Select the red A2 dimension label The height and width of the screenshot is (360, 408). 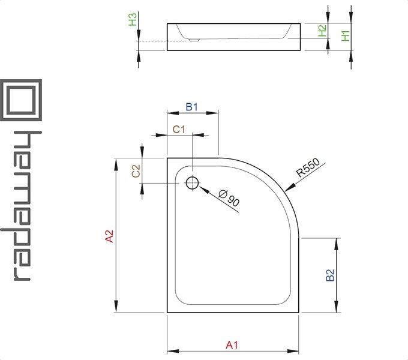click(109, 236)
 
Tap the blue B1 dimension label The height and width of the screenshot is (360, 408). click(192, 107)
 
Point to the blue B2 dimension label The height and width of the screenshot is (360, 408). click(330, 275)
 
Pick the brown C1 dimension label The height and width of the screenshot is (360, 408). click(179, 129)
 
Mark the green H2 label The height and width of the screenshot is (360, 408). click(322, 31)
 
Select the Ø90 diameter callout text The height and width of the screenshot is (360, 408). click(229, 199)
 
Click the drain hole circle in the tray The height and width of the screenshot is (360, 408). click(192, 183)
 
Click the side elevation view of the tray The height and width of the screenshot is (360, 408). click(234, 37)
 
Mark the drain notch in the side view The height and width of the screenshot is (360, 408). click(193, 41)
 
